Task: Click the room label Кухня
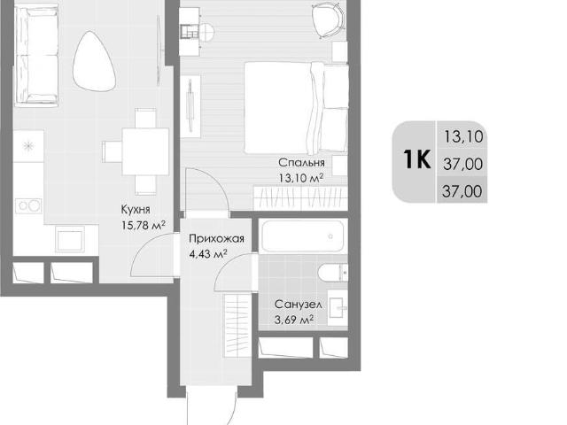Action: pos(136,209)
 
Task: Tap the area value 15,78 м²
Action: pos(144,226)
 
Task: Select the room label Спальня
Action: pos(301,163)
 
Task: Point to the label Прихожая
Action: pos(216,238)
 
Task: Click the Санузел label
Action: pos(298,305)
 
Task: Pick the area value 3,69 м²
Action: pos(294,321)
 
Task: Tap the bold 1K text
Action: pos(417,159)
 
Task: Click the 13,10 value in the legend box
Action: pos(463,137)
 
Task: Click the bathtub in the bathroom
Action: pos(302,236)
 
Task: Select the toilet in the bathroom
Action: pos(333,272)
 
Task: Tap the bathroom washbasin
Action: pos(338,307)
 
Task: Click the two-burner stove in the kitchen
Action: pos(28,206)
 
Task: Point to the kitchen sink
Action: pos(70,239)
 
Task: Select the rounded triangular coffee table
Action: pos(93,61)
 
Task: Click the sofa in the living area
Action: pos(35,55)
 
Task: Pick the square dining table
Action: pos(145,151)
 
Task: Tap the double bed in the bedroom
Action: pos(296,107)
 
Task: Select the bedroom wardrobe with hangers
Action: pos(300,197)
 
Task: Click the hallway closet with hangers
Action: pos(237,326)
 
